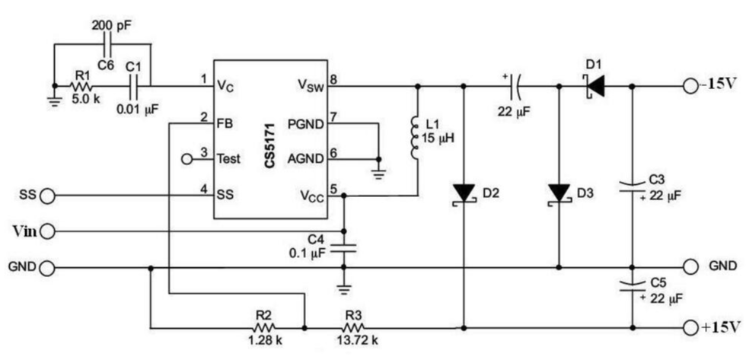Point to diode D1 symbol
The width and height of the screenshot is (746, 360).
coord(595,85)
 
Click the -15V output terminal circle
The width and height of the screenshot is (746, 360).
coord(690,85)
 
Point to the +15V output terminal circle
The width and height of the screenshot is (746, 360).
coord(690,328)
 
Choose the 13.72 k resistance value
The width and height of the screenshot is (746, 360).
coord(356,340)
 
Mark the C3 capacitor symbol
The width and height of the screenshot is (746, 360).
coord(632,186)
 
